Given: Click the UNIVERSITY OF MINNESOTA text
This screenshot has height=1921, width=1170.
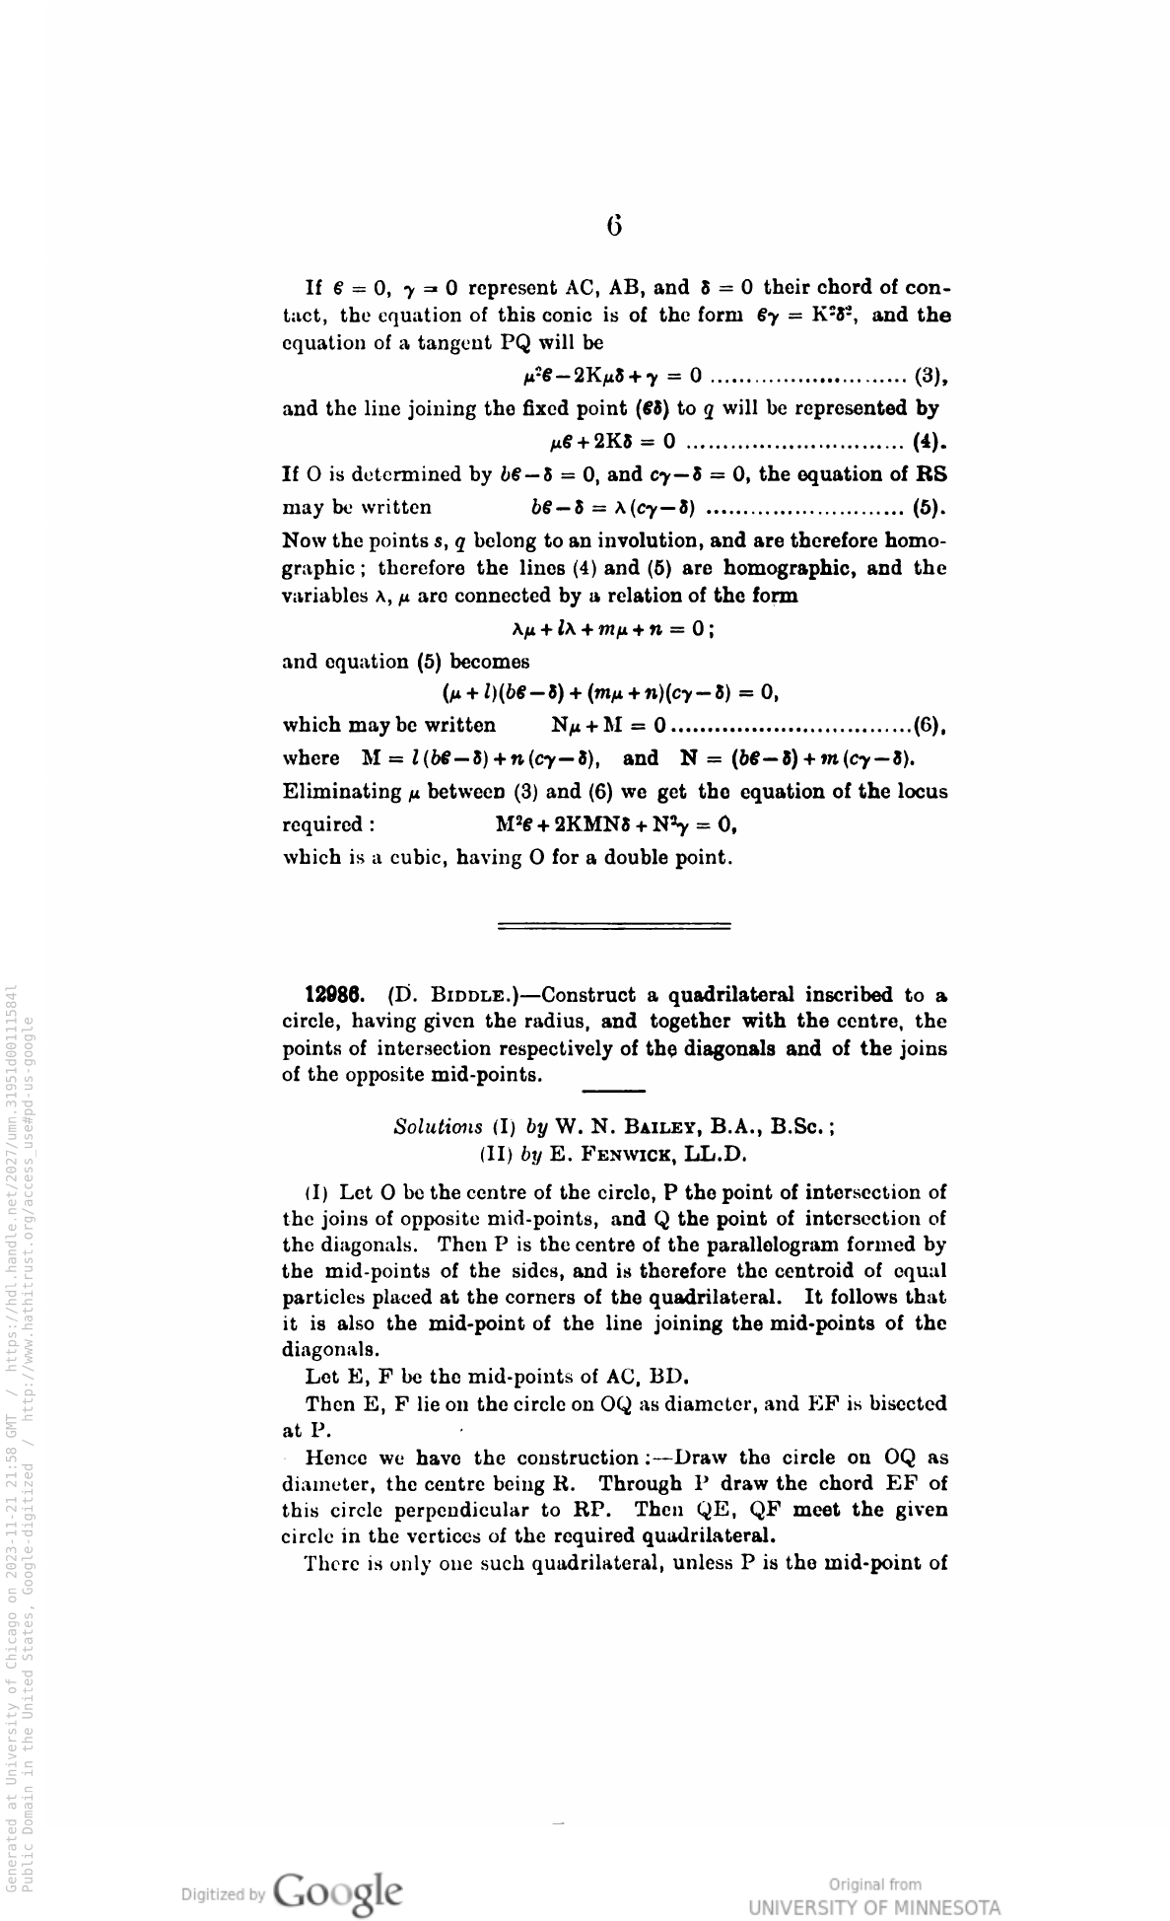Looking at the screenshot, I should pos(874,1905).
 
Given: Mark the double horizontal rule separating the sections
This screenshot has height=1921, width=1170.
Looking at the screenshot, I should pos(614,925).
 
